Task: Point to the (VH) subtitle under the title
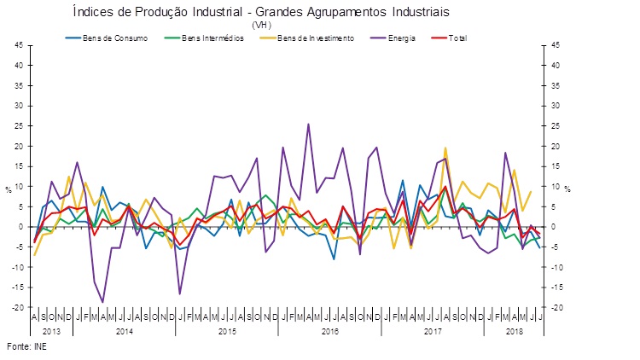(x=261, y=25)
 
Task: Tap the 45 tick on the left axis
(x=17, y=45)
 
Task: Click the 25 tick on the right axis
(x=556, y=126)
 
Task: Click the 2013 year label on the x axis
(x=49, y=329)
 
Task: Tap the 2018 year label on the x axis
(x=514, y=329)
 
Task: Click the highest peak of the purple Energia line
(x=308, y=125)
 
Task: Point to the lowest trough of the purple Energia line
(x=103, y=302)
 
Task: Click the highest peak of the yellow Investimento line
(x=445, y=148)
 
